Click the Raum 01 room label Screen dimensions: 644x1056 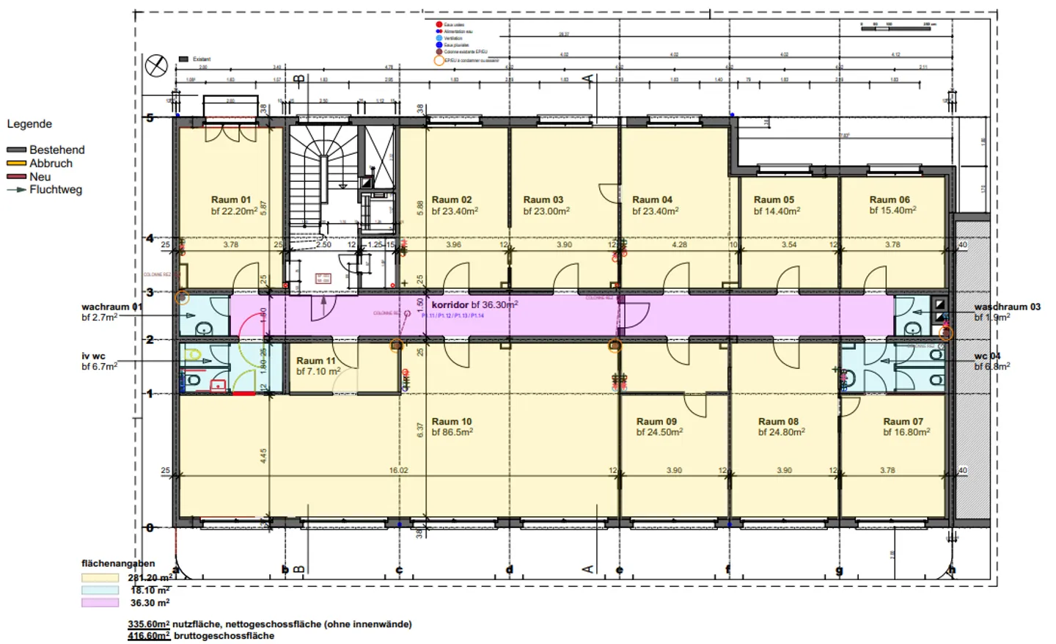231,200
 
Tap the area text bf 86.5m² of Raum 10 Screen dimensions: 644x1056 452,433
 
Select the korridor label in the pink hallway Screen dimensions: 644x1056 450,304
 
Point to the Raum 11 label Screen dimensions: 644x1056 316,361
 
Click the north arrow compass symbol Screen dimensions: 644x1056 156,66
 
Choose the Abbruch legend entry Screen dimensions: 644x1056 51,164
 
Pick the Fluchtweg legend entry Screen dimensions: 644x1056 55,190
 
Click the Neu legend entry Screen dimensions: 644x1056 40,177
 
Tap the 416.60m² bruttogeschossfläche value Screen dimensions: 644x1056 149,636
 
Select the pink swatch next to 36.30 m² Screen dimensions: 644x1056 100,603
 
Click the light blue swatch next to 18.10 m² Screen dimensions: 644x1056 100,590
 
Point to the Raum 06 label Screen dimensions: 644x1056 890,200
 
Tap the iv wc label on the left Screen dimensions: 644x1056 93,356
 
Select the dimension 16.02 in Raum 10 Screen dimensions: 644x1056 398,471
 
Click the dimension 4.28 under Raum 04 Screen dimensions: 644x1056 679,245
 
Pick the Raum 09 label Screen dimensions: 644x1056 656,422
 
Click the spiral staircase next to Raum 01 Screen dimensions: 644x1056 322,183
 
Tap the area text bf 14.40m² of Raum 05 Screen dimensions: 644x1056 777,211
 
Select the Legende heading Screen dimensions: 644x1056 29,124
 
